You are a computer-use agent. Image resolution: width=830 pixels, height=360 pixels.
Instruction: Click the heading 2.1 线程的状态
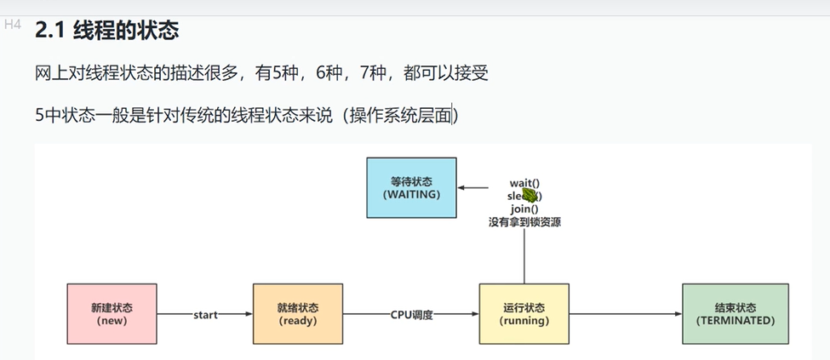pos(107,31)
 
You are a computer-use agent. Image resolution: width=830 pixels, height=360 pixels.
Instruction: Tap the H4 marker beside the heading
pos(12,25)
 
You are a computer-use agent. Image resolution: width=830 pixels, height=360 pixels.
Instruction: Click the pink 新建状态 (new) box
pos(112,314)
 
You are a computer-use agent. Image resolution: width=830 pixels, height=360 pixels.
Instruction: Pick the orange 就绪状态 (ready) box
pos(297,314)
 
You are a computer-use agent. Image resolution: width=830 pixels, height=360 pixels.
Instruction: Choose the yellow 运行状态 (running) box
pos(524,314)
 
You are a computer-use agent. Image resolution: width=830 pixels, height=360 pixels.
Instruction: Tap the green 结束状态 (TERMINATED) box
pos(735,314)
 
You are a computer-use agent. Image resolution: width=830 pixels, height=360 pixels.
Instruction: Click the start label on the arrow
pos(205,315)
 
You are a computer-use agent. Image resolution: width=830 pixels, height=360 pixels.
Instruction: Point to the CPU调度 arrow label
pos(412,315)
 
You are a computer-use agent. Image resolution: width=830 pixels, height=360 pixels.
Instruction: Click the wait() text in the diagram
pos(524,183)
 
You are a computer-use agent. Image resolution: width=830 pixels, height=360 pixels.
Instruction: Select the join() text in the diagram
pos(524,209)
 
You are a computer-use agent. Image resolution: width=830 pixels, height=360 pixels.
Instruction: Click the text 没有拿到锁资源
pos(524,221)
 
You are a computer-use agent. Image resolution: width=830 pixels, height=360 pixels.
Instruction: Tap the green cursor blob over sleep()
pos(529,195)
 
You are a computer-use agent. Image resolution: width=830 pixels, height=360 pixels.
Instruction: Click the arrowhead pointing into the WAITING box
pos(461,189)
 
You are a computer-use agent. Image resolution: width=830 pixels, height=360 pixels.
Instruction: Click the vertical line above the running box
pos(524,255)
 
